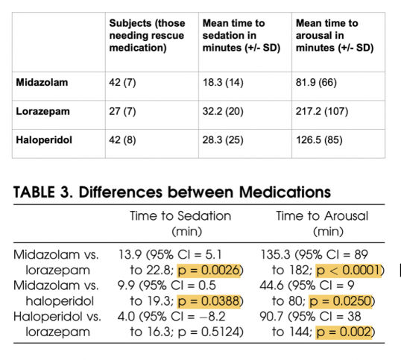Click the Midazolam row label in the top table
click(x=42, y=83)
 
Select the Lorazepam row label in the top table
click(x=42, y=112)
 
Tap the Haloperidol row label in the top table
click(x=44, y=140)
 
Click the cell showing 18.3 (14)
click(x=223, y=83)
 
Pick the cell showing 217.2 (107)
click(x=322, y=112)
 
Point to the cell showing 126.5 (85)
click(x=319, y=140)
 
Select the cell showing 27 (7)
click(x=122, y=112)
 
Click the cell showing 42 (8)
click(x=122, y=140)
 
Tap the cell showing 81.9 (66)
click(x=316, y=83)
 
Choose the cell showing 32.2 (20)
click(x=223, y=112)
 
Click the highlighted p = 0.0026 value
click(x=209, y=271)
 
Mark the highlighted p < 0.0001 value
click(x=349, y=271)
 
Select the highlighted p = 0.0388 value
click(x=209, y=301)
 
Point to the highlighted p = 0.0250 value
click(x=341, y=301)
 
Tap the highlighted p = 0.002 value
click(x=344, y=332)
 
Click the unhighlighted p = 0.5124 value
click(x=209, y=332)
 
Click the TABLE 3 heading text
click(x=172, y=192)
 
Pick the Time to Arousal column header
click(x=322, y=223)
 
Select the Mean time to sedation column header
click(x=241, y=36)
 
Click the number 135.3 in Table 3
click(x=275, y=255)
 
